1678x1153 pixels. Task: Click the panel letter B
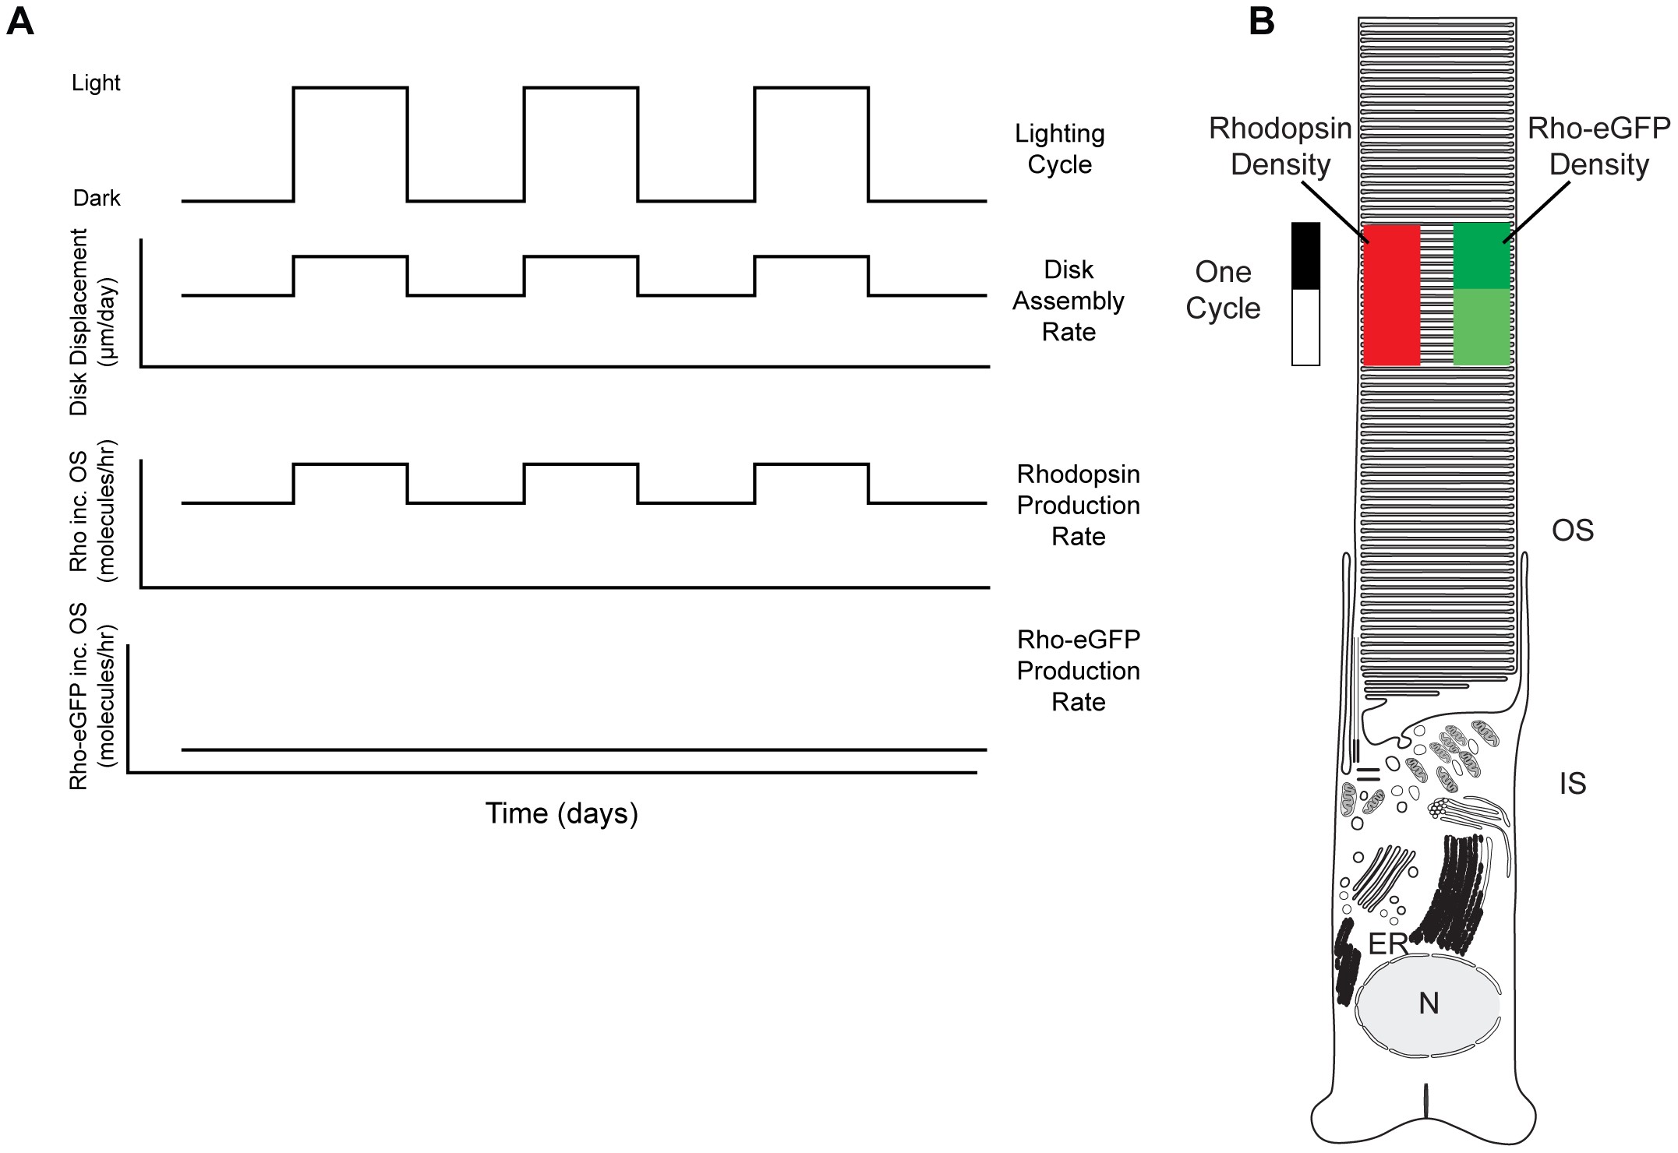1262,22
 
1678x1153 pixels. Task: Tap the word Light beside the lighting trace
96,83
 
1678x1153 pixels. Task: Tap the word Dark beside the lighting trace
97,198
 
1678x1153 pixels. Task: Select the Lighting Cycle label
1059,149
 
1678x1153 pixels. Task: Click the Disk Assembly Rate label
1069,301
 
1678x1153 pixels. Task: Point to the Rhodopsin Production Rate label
1078,505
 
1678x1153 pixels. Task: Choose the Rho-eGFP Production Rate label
1078,671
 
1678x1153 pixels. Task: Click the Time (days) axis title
561,813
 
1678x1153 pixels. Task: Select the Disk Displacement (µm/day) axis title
90,322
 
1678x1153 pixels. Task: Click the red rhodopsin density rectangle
1391,295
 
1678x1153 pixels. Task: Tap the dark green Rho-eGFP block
1482,256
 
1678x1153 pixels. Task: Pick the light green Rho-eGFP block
1482,327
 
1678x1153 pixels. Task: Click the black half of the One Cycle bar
1305,256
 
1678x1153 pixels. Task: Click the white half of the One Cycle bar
1305,327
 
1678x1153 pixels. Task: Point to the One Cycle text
1223,290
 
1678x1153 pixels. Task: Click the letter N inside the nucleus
1429,1003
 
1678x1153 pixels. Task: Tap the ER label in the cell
1388,944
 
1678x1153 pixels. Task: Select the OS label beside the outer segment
1573,531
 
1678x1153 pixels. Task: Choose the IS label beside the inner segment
1573,784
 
